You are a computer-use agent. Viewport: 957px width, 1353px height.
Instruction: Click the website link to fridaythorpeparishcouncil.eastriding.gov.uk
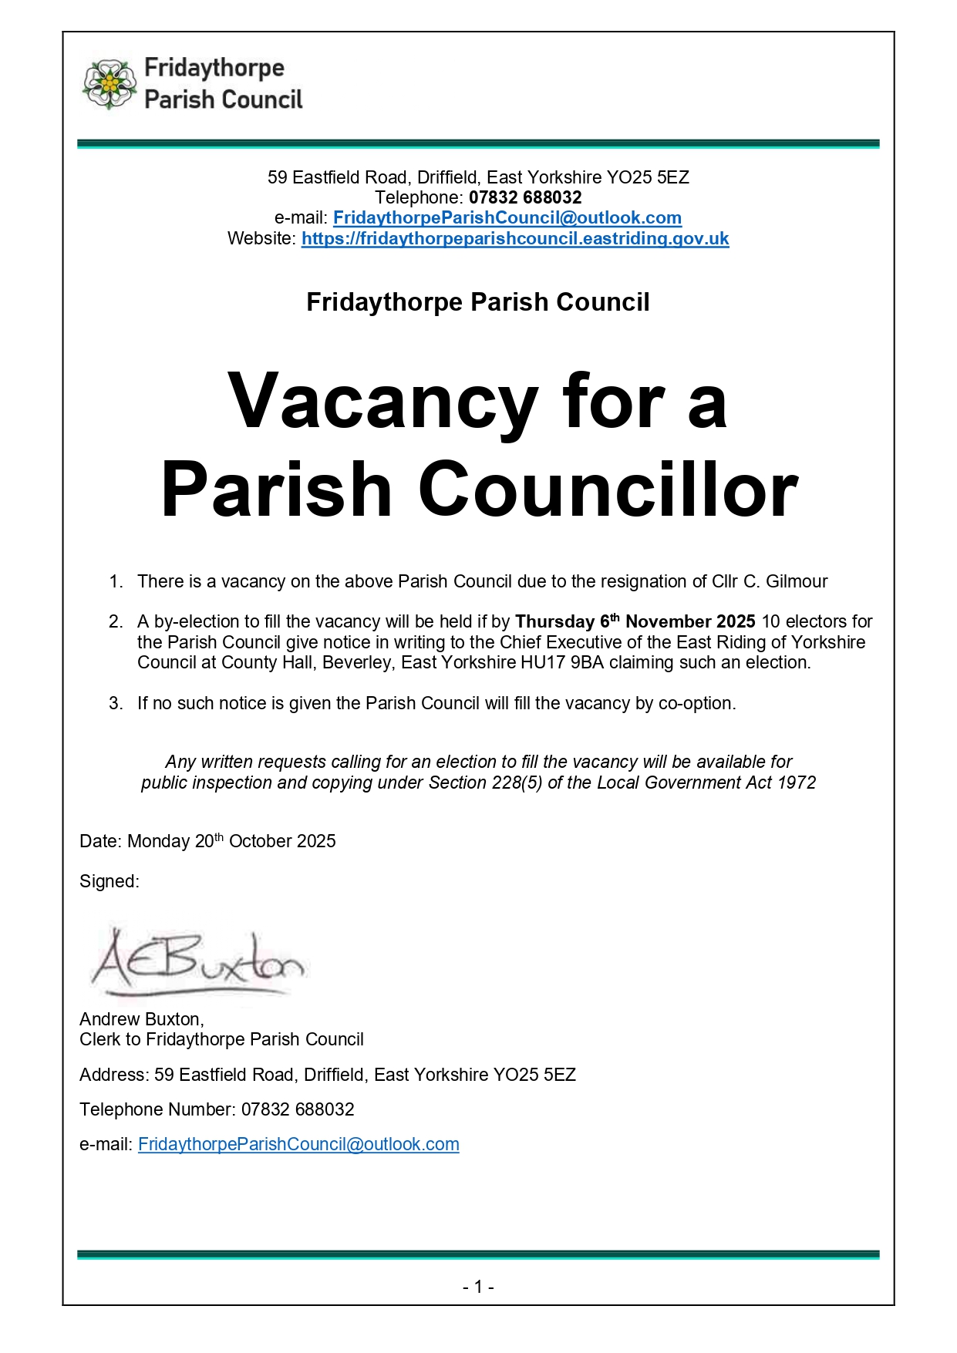click(514, 239)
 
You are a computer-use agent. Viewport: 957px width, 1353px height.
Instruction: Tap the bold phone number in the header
click(525, 198)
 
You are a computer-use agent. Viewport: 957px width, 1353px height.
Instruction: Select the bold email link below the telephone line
click(507, 218)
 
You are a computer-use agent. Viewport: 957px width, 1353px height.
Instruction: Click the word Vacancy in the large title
click(382, 402)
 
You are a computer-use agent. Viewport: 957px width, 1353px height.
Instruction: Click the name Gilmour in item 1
click(796, 582)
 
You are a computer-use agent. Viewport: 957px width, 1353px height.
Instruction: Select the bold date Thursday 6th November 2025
click(635, 622)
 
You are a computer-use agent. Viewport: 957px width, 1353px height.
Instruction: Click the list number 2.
click(116, 622)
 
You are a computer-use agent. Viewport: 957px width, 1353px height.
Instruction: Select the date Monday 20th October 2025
click(231, 841)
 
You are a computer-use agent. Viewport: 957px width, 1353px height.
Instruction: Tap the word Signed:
click(110, 882)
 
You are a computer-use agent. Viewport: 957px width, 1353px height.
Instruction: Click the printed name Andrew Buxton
click(141, 1019)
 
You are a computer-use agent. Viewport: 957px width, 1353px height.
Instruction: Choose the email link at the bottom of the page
click(298, 1145)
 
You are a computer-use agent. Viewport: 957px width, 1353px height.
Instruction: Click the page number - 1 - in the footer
click(478, 1287)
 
